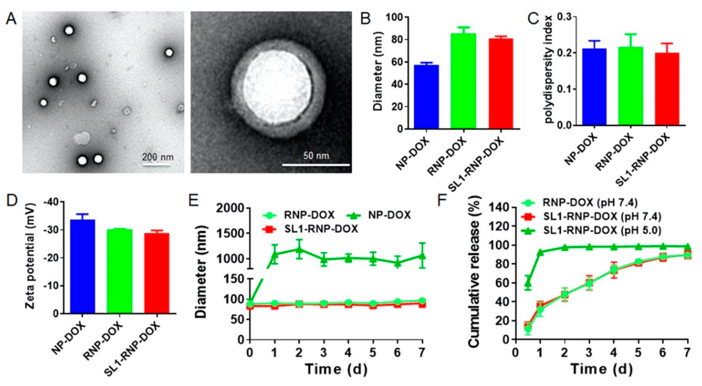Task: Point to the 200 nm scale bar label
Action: (158, 157)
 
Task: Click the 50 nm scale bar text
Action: (316, 156)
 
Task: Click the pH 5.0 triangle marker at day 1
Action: (540, 252)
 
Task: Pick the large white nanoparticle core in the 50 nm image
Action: (278, 87)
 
